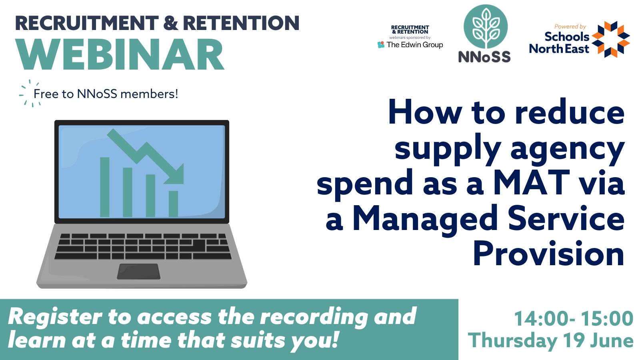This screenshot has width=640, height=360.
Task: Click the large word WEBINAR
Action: click(120, 54)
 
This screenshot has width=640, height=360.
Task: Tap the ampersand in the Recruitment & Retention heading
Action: click(170, 23)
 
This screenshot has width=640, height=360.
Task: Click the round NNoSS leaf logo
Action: click(486, 26)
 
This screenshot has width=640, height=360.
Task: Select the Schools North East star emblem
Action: click(610, 39)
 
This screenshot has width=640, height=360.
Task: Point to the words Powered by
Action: click(570, 26)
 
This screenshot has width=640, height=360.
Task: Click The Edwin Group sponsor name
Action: click(414, 45)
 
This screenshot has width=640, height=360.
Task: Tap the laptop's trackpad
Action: click(138, 272)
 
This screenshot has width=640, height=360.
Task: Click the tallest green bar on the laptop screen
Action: click(104, 187)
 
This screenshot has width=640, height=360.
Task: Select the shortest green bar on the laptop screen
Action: click(173, 204)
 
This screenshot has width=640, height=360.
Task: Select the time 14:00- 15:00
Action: click(574, 318)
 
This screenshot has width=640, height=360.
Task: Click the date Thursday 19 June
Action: click(550, 340)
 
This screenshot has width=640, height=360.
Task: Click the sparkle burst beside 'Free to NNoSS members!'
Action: click(30, 93)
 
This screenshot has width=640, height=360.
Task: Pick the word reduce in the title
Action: click(570, 112)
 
